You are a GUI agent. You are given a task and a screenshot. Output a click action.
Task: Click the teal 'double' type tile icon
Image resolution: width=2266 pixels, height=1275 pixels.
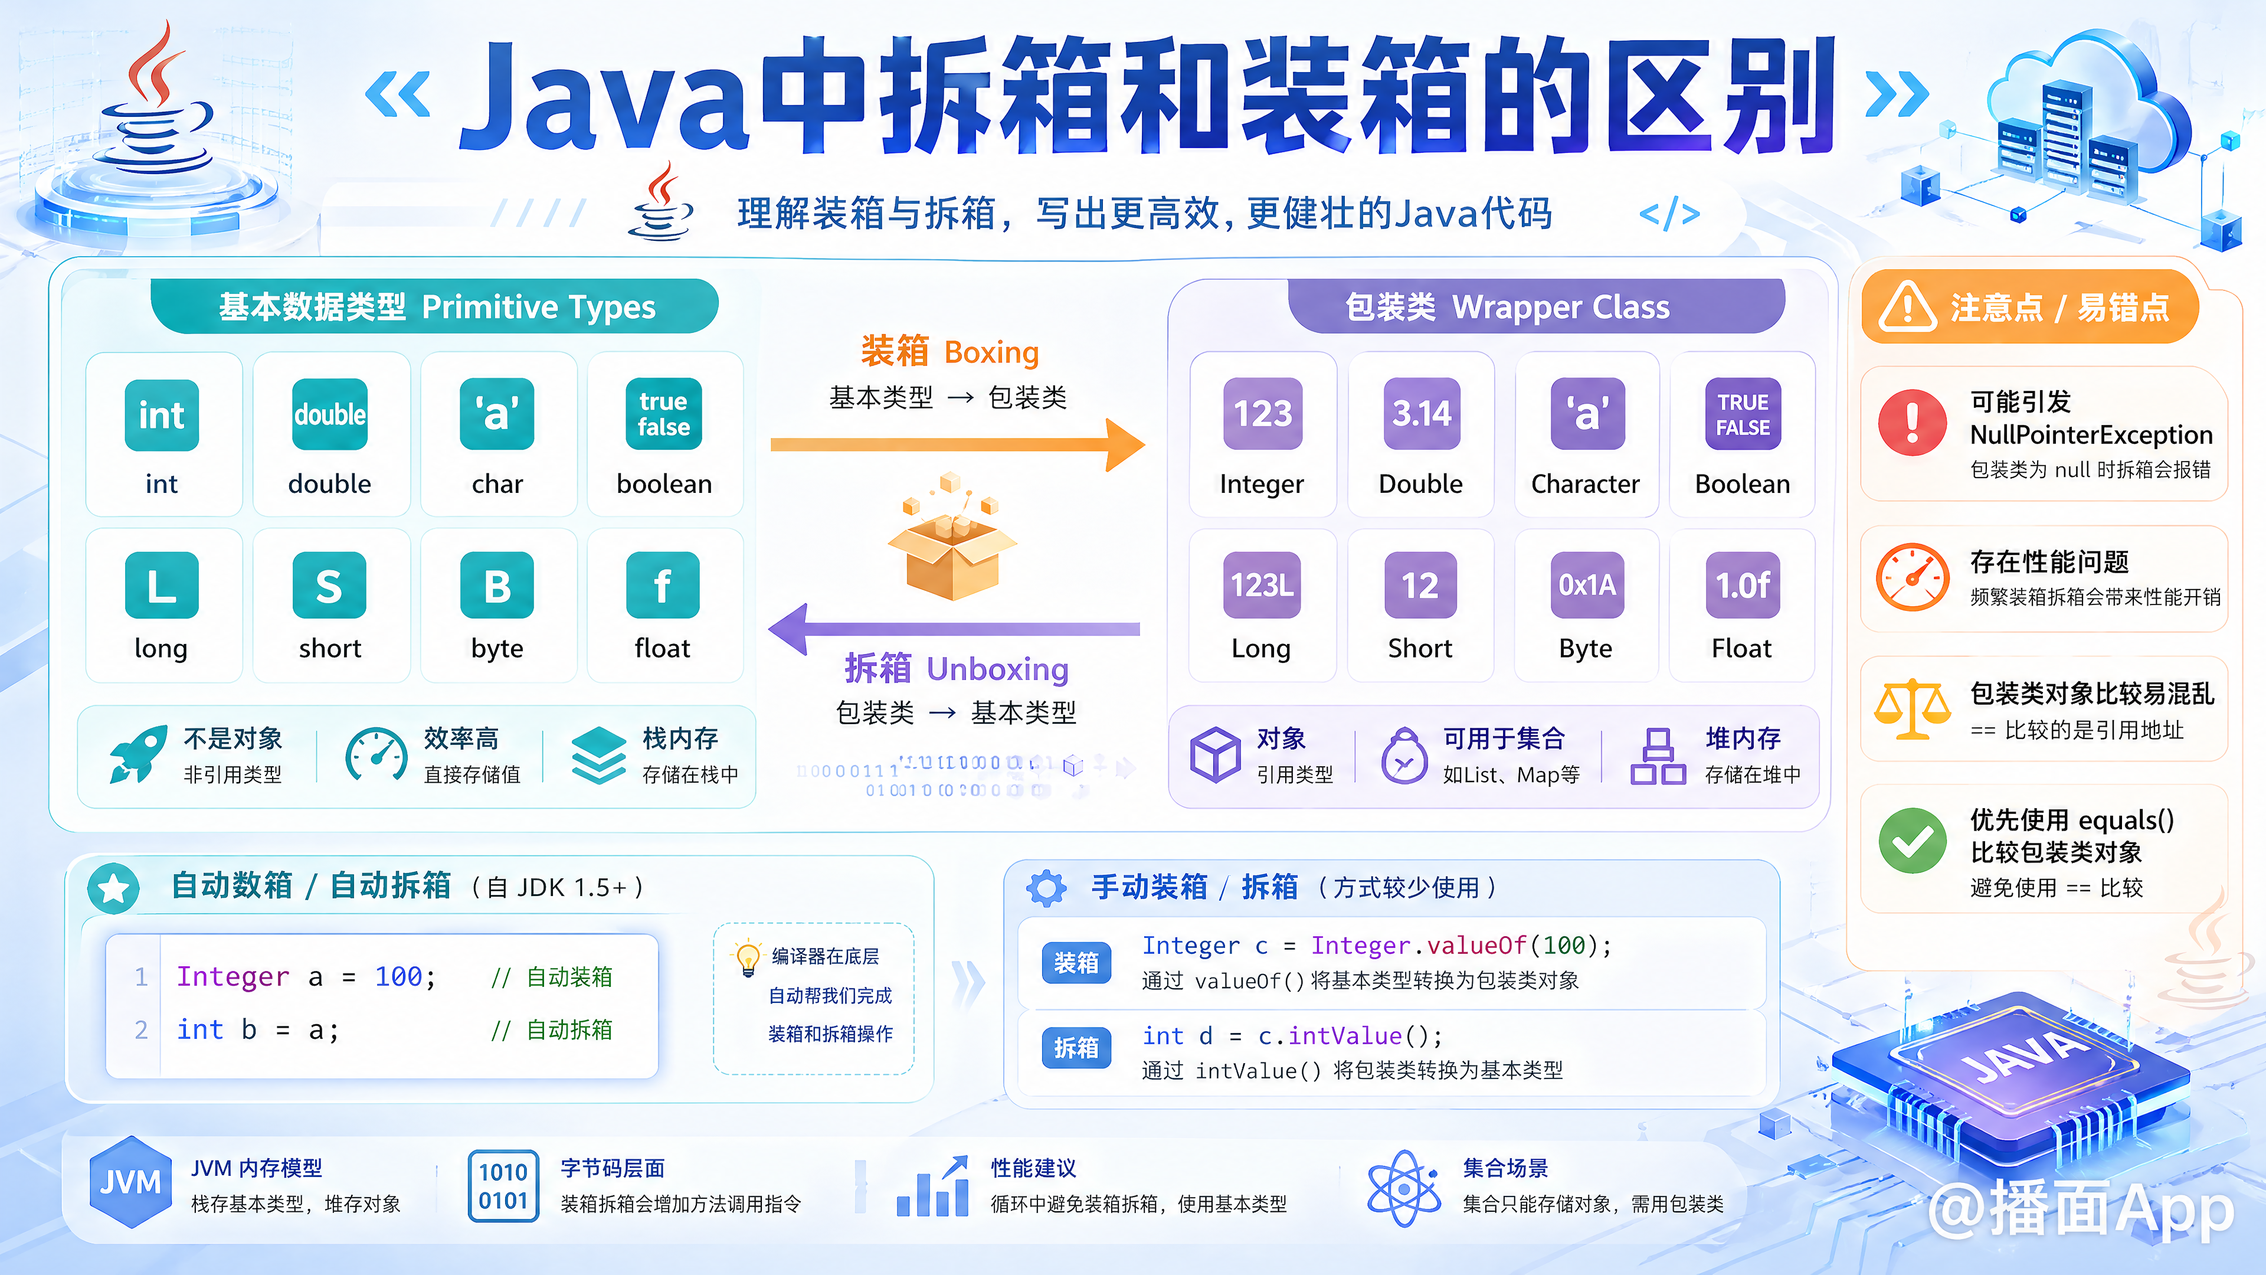330,414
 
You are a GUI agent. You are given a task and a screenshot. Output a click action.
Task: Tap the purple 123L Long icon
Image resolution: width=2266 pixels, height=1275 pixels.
1262,585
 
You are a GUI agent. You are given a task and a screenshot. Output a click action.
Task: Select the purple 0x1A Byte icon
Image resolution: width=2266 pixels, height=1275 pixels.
1587,585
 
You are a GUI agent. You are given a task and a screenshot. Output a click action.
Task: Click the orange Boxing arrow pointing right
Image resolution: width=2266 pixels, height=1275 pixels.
957,445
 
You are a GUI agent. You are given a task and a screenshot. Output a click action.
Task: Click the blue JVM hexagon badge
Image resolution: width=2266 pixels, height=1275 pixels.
130,1182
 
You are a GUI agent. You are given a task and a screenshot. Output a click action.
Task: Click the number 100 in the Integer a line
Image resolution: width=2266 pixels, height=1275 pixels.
398,977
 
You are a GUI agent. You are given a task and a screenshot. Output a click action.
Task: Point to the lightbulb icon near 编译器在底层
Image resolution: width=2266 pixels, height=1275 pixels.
747,958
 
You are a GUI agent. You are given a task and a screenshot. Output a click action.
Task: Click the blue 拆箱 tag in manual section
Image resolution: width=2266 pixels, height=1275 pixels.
1076,1048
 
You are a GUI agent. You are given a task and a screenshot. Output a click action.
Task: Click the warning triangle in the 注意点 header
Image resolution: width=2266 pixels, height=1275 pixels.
1907,307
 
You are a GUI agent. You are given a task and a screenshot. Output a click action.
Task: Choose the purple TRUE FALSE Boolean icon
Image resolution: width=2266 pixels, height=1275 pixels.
1743,414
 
